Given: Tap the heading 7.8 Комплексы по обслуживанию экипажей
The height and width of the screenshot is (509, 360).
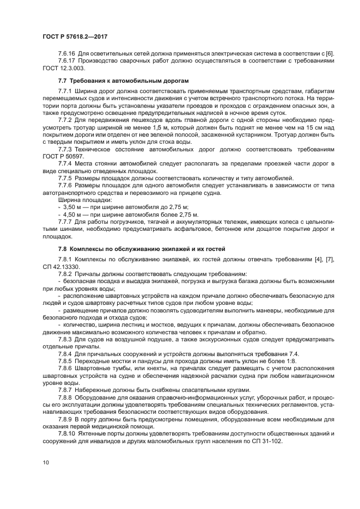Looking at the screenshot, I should click(133, 248).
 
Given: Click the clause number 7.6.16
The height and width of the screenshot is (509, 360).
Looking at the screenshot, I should click(67, 53).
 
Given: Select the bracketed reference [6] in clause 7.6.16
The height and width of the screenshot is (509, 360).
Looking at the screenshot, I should click(330, 53).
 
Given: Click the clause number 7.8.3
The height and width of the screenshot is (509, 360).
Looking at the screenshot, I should click(65, 339).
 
